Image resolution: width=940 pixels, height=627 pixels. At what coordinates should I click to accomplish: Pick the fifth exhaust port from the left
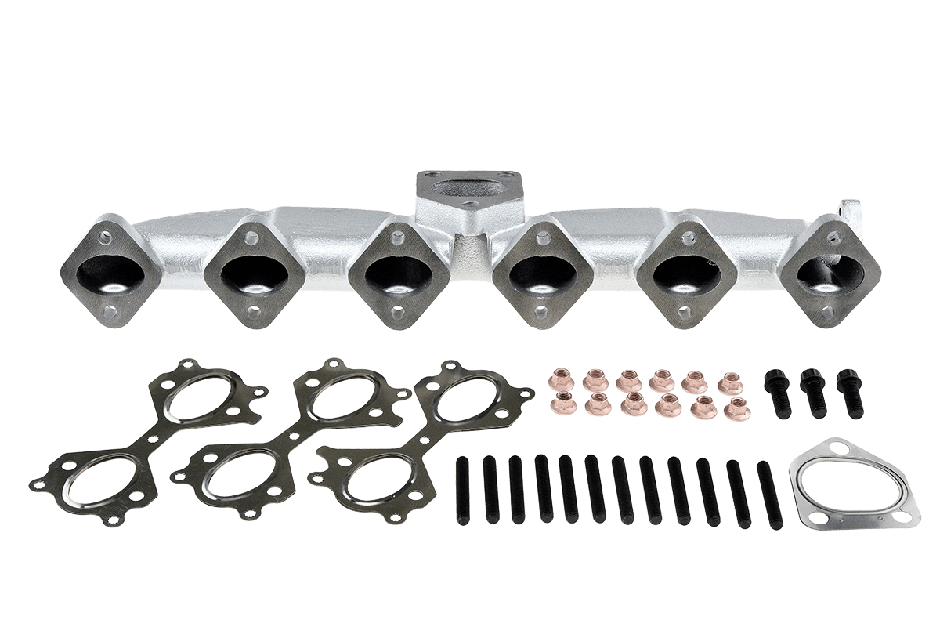[687, 272]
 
